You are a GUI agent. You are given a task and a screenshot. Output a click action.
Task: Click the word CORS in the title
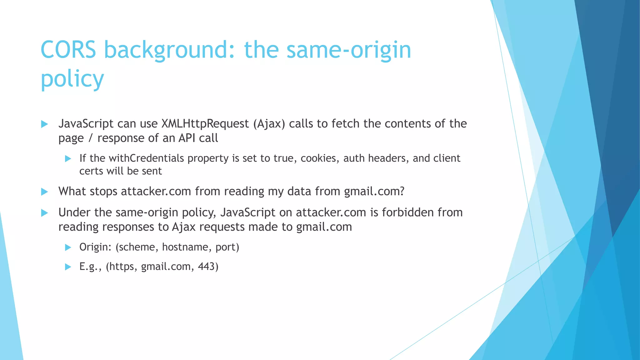68,50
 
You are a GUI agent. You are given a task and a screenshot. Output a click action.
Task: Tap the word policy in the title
72,79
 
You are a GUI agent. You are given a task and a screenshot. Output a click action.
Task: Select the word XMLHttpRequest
205,124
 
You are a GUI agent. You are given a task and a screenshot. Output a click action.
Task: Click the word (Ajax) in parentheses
269,124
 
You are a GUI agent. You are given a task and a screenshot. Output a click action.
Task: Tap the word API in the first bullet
187,138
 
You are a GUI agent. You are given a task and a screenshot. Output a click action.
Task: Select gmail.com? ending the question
374,191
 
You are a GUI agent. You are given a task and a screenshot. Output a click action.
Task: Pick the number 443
208,267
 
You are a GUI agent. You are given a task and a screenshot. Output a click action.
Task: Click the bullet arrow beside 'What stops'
44,192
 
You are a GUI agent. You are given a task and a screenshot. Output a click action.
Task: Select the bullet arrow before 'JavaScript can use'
44,124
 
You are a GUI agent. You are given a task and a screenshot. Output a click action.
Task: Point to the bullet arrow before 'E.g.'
68,267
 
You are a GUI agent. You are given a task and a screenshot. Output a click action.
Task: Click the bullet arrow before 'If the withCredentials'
68,159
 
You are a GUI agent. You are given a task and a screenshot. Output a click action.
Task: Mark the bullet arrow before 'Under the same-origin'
44,213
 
